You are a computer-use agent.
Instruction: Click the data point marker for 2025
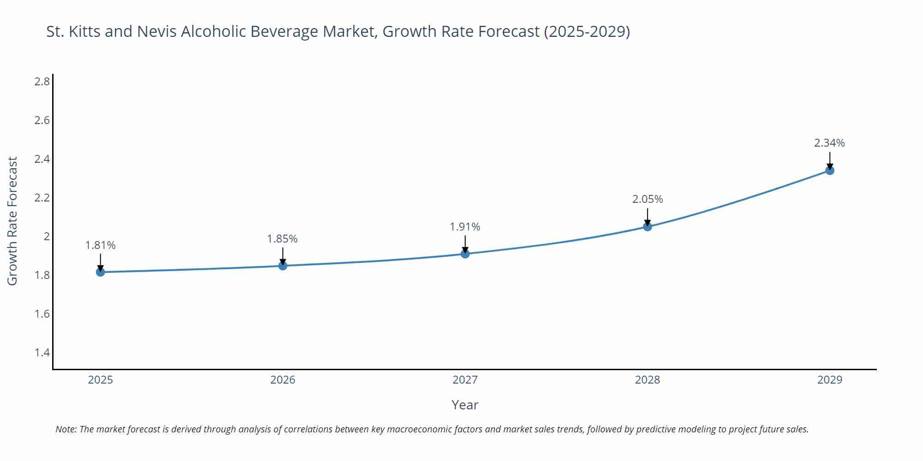coord(101,272)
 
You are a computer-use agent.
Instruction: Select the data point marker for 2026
coord(283,266)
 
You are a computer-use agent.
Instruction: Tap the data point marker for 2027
coord(465,254)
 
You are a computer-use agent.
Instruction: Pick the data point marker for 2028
coord(647,226)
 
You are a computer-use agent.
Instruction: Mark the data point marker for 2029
coord(830,171)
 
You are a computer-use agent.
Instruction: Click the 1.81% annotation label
coord(101,245)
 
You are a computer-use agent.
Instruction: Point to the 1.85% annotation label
coord(282,239)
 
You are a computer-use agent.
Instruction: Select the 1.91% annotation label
coord(465,227)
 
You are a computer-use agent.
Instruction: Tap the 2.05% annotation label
coord(647,199)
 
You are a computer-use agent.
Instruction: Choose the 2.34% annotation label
coord(829,143)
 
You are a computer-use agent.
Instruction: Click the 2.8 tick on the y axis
coord(42,82)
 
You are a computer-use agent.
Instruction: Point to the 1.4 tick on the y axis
coord(42,353)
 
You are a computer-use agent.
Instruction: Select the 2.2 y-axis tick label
coord(42,198)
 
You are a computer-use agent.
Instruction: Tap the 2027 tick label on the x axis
coord(465,380)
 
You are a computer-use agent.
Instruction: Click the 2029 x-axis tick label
coord(830,380)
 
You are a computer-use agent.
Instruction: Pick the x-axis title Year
coord(465,405)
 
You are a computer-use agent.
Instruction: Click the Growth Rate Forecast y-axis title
coord(12,221)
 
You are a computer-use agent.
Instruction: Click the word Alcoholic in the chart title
coord(213,31)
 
